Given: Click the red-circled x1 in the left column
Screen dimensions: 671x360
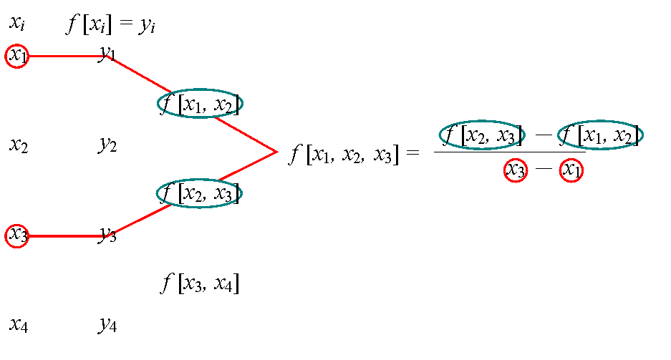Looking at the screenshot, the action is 16,56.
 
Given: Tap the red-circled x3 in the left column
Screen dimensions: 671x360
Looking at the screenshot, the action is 16,235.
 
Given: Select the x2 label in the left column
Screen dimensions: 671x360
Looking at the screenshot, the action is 19,145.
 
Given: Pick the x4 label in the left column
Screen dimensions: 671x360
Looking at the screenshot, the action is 19,324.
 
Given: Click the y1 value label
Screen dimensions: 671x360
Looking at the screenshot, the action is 107,54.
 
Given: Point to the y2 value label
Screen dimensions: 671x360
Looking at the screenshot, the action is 107,145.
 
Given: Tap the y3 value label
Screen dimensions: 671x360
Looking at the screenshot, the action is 107,235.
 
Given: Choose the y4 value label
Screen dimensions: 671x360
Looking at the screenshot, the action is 107,325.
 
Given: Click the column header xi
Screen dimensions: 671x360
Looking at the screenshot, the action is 17,22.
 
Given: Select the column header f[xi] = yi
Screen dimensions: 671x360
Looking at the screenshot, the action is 110,24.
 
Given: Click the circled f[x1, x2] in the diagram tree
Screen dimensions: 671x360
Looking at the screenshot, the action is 200,104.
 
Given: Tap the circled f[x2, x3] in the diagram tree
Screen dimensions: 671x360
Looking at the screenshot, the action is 199,193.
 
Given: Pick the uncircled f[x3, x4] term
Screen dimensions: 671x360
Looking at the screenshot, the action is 200,283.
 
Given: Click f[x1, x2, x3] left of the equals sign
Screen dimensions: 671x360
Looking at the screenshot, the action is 344,154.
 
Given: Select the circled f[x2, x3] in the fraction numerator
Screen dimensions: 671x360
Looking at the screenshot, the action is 482,135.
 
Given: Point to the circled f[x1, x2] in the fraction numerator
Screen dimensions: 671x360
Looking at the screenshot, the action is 600,135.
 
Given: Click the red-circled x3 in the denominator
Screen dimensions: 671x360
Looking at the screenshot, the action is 515,170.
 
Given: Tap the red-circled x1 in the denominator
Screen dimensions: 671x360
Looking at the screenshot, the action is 571,170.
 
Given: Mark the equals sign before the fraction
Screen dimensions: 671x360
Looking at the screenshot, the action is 412,152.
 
